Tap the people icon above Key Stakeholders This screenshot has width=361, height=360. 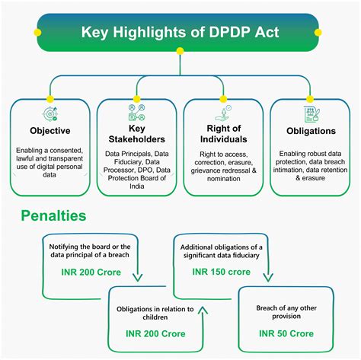pos(137,112)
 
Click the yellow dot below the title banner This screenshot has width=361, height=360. pos(180,51)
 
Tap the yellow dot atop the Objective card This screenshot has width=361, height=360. pos(50,99)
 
